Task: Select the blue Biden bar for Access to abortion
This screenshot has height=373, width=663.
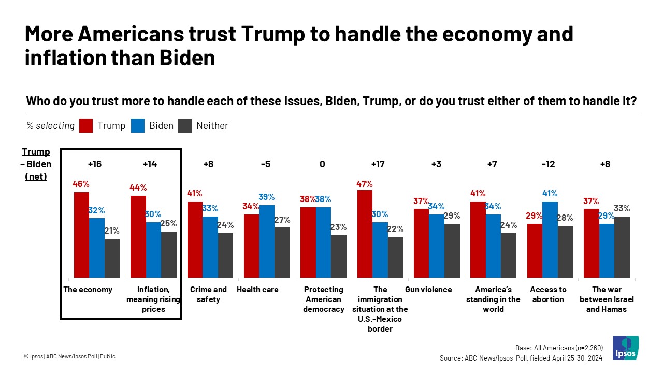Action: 550,239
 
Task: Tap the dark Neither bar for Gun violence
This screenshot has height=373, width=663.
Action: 452,250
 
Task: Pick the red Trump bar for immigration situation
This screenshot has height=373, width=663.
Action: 365,234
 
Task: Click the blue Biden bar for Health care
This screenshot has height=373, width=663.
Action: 267,241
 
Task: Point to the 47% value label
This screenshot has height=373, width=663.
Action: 365,184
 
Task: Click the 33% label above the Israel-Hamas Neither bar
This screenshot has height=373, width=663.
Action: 622,209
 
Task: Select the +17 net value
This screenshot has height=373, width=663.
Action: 379,164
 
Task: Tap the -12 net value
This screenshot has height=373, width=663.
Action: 548,164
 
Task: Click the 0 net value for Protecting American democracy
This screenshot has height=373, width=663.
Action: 322,164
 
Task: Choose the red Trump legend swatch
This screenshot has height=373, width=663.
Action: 86,126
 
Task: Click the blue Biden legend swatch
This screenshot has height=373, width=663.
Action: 137,126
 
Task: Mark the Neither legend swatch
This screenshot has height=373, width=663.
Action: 184,126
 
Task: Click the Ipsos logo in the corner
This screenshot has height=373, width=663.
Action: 625,348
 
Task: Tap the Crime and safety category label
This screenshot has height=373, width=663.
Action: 208,294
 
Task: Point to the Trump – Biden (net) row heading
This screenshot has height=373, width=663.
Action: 36,164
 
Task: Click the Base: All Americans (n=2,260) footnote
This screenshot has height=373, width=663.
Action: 559,348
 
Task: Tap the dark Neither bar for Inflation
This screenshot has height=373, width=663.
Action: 169,254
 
